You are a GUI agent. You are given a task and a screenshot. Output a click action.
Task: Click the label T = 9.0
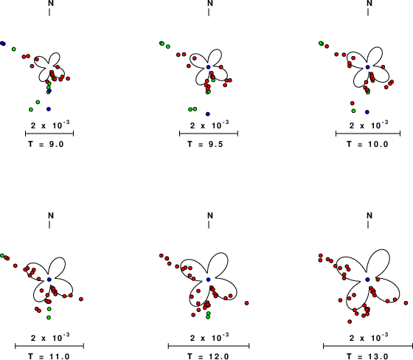(x=46, y=144)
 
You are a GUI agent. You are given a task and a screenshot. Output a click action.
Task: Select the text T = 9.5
(x=206, y=144)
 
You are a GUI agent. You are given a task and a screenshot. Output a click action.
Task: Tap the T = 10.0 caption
(x=367, y=144)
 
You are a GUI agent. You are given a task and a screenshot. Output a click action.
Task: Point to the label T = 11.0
(x=49, y=356)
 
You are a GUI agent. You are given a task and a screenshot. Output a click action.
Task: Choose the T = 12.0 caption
(x=208, y=356)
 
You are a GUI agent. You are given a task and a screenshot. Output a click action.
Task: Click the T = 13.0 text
(x=367, y=356)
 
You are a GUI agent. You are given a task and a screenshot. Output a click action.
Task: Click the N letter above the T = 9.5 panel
(x=210, y=3)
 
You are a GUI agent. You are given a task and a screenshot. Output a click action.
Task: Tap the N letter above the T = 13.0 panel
(x=369, y=215)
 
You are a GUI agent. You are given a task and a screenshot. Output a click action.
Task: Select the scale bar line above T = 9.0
(x=49, y=134)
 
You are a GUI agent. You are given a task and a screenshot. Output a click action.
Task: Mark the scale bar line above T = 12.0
(x=209, y=346)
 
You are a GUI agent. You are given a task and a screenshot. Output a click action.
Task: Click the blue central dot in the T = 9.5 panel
(x=208, y=67)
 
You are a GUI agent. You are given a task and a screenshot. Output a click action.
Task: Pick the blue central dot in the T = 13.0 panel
(x=368, y=280)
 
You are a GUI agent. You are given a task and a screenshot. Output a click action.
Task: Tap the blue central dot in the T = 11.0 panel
(x=49, y=280)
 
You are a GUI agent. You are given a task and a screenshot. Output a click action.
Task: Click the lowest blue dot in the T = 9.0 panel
(x=49, y=109)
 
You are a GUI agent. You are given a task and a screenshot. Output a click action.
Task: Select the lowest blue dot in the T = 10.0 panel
(x=367, y=112)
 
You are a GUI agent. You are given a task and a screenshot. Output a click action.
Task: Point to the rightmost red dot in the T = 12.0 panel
(x=246, y=303)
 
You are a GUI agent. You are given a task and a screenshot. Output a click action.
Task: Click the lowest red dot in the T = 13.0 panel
(x=350, y=322)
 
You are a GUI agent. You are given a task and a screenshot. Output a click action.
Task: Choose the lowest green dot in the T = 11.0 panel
(x=49, y=317)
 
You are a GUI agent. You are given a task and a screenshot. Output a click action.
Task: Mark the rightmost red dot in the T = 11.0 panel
(x=81, y=299)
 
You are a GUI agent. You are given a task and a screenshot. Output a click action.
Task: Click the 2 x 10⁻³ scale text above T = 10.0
(x=369, y=125)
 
